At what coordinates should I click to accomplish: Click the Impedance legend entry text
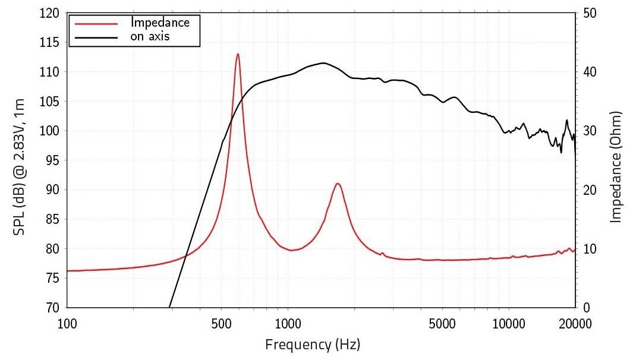pos(160,23)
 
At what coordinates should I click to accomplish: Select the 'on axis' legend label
pos(150,37)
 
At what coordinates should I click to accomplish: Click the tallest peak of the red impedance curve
pos(238,54)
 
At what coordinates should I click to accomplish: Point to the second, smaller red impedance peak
pos(338,184)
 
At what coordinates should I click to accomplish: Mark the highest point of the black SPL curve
pos(323,63)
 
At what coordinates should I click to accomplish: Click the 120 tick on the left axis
pos(52,13)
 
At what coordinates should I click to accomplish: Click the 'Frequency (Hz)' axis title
pos(313,344)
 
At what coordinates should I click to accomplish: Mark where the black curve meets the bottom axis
pos(169,307)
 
